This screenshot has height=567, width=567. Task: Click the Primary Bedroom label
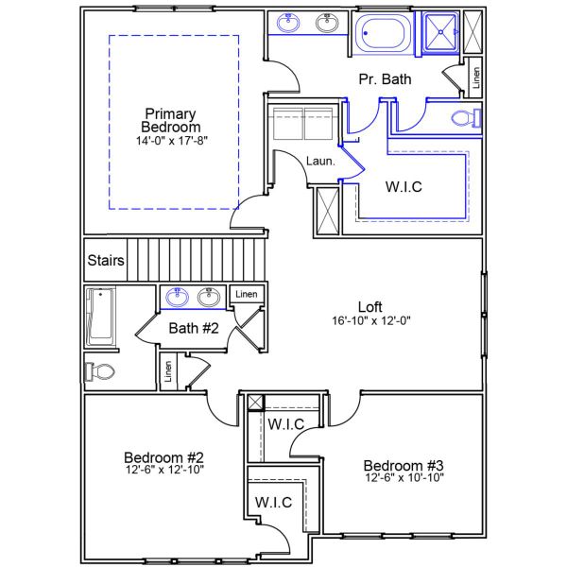(171, 120)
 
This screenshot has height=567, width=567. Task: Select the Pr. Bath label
(385, 80)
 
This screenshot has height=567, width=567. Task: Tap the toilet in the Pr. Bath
(466, 118)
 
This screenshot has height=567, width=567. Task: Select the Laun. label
(320, 162)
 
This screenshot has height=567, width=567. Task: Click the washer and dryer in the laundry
(301, 124)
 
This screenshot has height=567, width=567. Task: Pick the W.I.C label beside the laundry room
(404, 187)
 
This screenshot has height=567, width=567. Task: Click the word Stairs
(104, 260)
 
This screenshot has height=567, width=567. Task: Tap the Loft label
(369, 306)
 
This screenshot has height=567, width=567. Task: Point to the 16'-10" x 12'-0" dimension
(369, 321)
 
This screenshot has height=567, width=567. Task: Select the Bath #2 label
(194, 329)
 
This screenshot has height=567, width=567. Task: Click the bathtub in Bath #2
(99, 317)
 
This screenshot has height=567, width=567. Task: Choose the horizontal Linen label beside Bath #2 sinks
(246, 294)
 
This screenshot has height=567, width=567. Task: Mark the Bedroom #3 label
(404, 465)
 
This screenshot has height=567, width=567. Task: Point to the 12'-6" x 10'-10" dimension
(404, 478)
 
